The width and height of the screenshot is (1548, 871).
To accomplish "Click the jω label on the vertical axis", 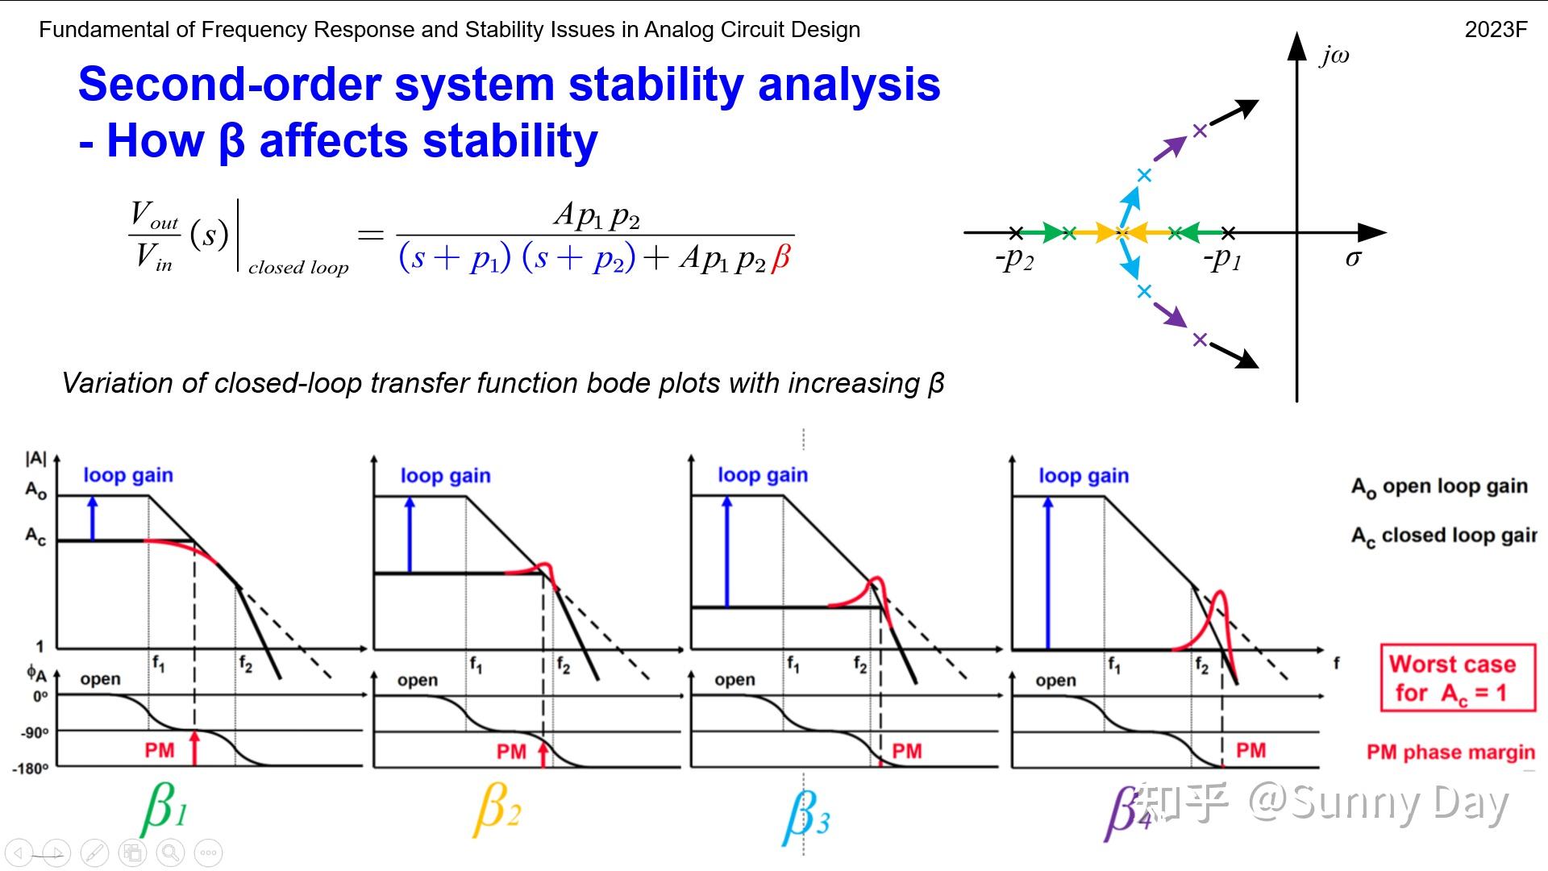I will [x=1334, y=56].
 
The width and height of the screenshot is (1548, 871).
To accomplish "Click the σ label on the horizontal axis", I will [x=1353, y=258].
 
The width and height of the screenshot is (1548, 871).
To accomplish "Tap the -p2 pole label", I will [x=1014, y=259].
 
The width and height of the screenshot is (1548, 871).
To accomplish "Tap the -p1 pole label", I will [x=1222, y=259].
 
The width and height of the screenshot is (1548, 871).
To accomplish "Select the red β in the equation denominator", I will [x=780, y=259].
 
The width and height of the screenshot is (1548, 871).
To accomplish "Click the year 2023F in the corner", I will [x=1496, y=30].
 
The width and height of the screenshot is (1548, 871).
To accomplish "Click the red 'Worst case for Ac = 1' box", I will [x=1458, y=678].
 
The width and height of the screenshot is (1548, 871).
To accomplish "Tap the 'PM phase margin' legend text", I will [x=1450, y=752].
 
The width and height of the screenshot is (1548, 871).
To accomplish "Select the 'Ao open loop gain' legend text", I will [x=1439, y=487].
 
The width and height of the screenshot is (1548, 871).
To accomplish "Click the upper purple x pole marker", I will [x=1200, y=131].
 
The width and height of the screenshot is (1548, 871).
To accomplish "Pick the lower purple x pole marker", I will [x=1200, y=340].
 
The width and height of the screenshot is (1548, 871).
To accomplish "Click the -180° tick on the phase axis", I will [x=30, y=769].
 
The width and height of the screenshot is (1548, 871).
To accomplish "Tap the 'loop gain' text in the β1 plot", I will [x=128, y=475].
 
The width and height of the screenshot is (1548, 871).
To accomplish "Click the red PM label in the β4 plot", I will [x=1250, y=751].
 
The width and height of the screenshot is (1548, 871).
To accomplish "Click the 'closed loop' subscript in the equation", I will [x=298, y=268].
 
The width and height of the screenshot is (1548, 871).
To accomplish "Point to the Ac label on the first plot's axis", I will [x=35, y=536].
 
